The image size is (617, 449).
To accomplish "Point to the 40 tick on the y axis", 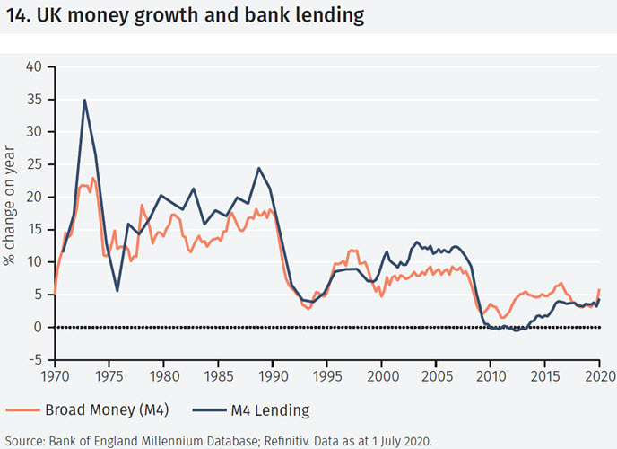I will pos(33,66).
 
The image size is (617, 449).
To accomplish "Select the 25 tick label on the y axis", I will pos(33,164).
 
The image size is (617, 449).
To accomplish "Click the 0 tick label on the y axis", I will pos(38,327).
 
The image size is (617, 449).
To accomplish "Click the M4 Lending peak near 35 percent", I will pos(84,100).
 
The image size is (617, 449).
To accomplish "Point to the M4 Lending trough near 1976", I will pos(117,290).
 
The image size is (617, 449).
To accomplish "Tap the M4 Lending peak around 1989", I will pos(259,168).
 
